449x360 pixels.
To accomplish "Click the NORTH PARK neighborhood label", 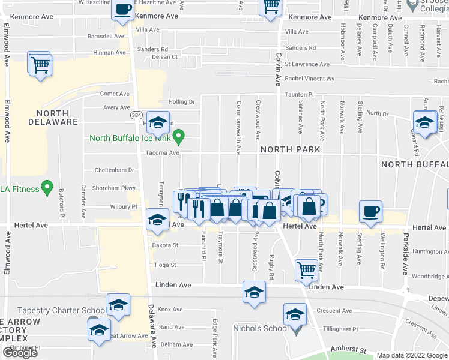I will (x=290, y=149).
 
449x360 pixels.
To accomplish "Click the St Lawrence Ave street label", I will (x=307, y=64).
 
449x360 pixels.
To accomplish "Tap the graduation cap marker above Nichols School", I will (x=295, y=315).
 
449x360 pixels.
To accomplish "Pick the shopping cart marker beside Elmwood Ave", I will (x=40, y=64).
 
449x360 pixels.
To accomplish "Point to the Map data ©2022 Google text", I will (x=411, y=356).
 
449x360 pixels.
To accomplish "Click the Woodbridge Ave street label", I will (x=429, y=277).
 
